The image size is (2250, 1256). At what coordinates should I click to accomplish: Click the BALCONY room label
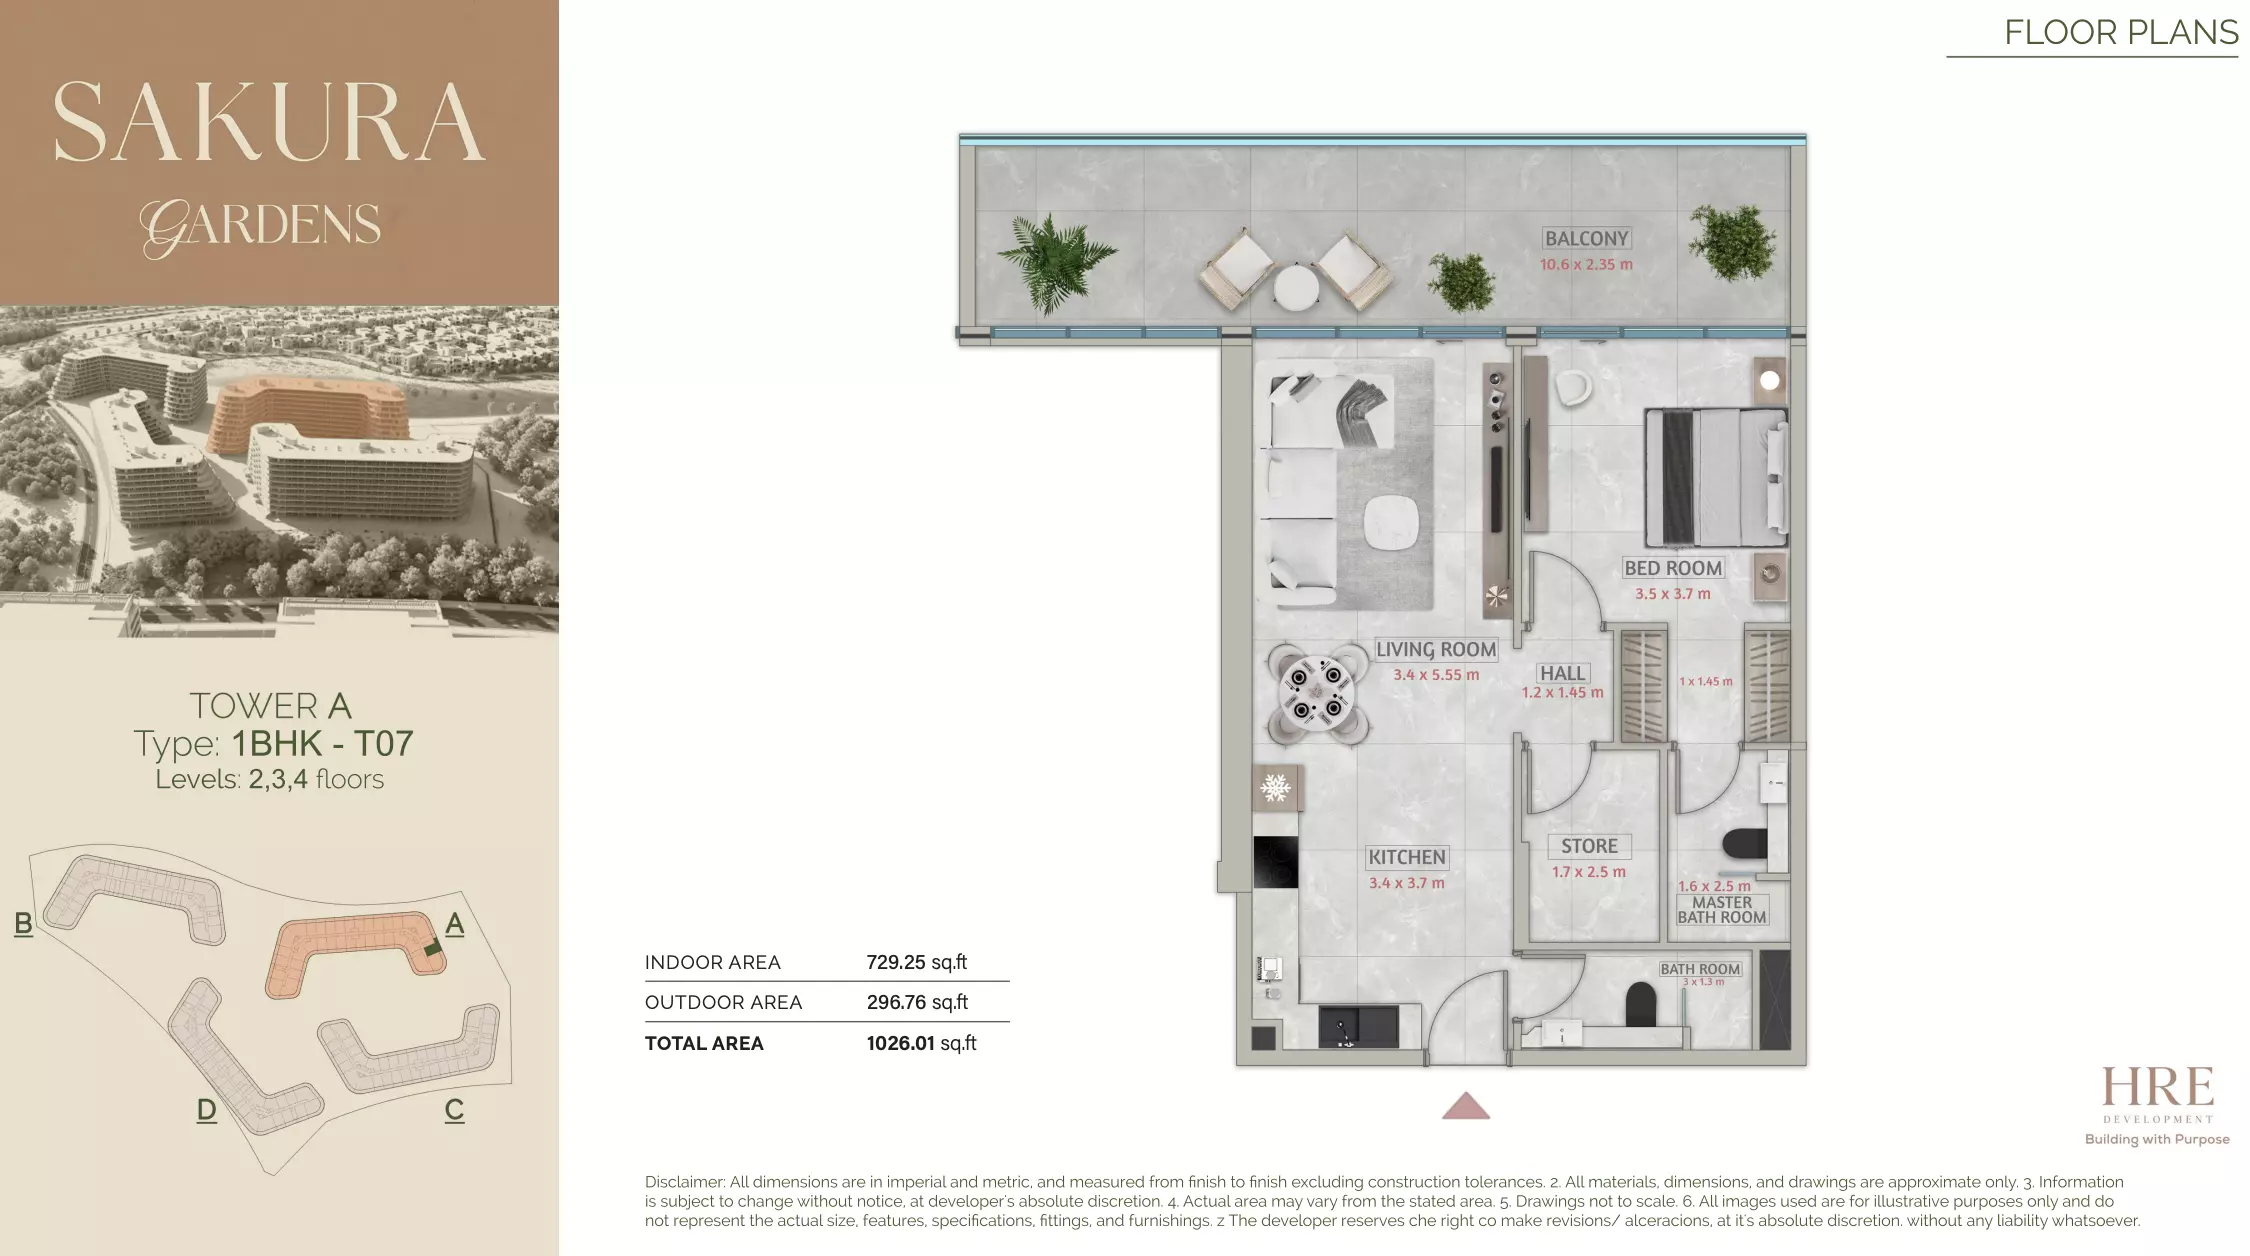click(1586, 239)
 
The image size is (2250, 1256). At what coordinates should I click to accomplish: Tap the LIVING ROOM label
click(1435, 649)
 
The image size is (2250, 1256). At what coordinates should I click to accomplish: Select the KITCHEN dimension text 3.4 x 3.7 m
click(1406, 883)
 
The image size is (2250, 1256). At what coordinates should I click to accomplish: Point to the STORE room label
click(1589, 846)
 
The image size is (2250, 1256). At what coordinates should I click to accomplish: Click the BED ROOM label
click(1672, 568)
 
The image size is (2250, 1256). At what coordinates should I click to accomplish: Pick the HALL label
click(1562, 673)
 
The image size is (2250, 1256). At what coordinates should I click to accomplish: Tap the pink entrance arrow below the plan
click(1466, 1106)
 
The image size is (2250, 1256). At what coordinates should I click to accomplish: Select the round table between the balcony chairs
click(1297, 288)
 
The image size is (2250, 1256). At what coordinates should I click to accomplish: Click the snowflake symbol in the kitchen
click(1275, 788)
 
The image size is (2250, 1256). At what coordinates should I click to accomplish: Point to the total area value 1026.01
click(900, 1044)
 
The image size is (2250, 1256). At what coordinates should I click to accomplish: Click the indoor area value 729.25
click(896, 963)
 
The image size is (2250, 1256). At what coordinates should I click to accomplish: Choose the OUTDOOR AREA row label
click(723, 1003)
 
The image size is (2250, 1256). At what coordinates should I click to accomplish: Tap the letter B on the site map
click(24, 923)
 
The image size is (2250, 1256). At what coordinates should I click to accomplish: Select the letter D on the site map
click(206, 1110)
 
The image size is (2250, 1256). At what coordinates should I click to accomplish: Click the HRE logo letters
click(2157, 1088)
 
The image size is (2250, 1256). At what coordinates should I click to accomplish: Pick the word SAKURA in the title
click(269, 123)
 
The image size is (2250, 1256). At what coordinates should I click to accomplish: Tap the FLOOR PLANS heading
click(2121, 33)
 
